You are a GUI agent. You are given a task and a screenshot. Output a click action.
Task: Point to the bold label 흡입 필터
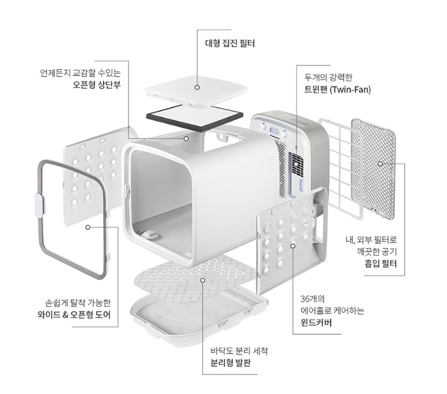point(388,263)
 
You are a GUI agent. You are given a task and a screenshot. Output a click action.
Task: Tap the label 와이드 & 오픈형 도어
point(78,310)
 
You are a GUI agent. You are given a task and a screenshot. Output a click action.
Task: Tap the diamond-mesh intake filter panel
point(373,164)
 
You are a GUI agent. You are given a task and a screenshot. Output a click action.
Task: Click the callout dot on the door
point(88,227)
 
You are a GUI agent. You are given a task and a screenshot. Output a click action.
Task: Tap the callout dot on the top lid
point(198,87)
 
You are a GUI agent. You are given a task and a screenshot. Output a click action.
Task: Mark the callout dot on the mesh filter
point(380,164)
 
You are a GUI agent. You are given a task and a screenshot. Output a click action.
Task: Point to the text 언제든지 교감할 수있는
point(80,73)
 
